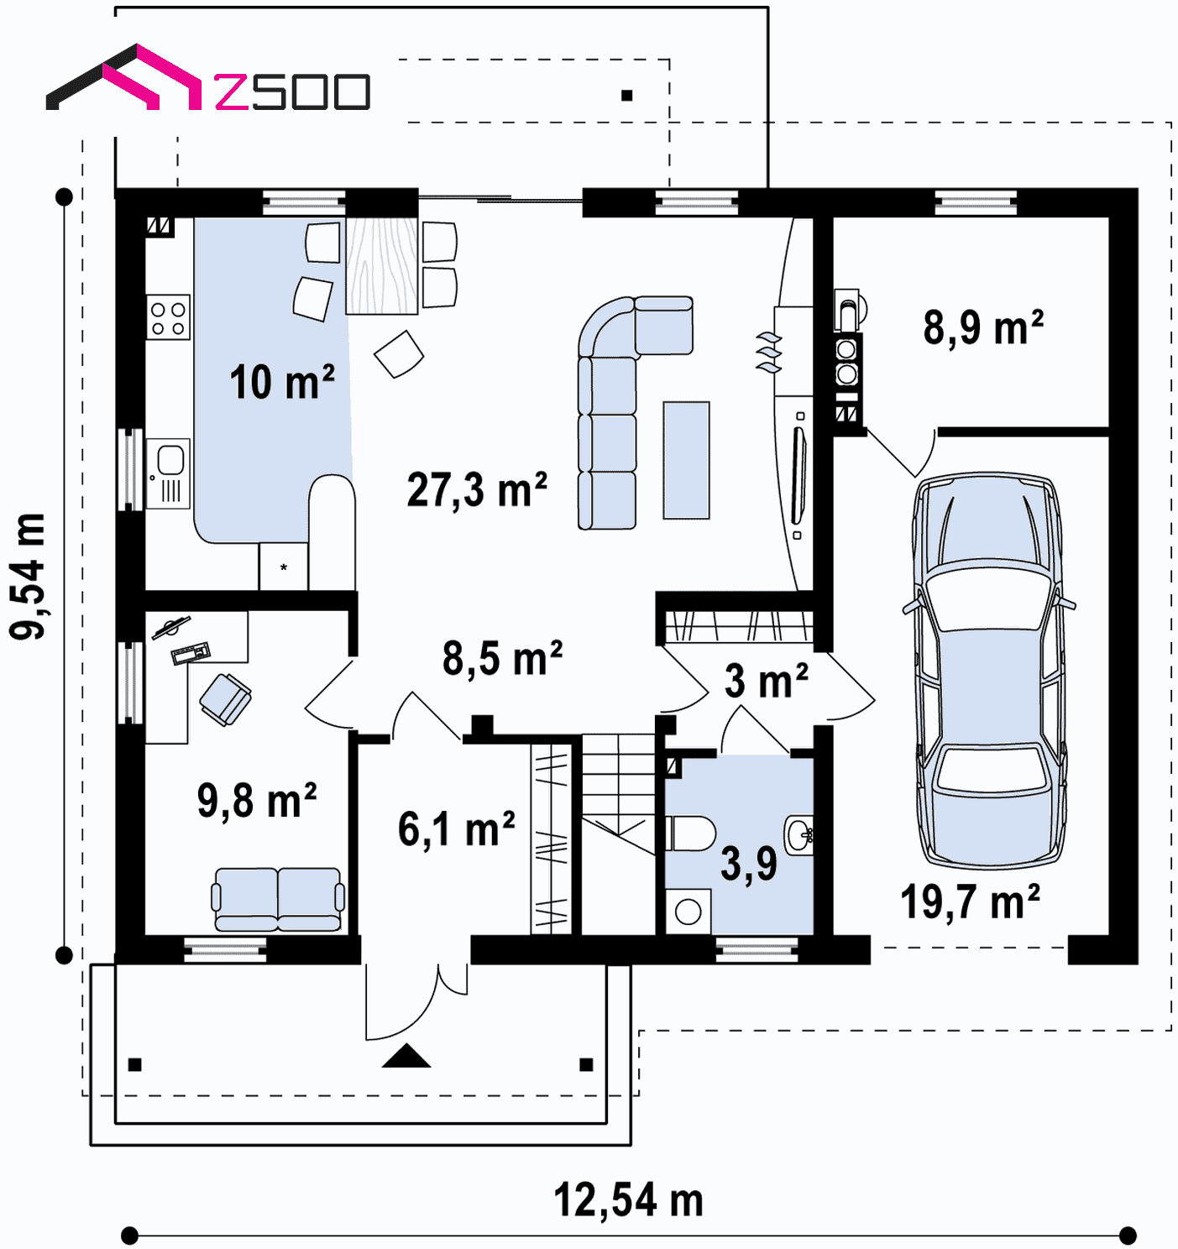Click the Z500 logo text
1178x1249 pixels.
pyautogui.click(x=292, y=91)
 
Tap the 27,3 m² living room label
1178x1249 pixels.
pyautogui.click(x=477, y=490)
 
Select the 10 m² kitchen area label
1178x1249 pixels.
pyautogui.click(x=282, y=382)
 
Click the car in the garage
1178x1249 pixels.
pyautogui.click(x=989, y=671)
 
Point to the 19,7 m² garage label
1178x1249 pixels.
pyautogui.click(x=970, y=901)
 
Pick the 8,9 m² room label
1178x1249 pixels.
pyautogui.click(x=983, y=327)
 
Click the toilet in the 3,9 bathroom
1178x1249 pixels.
pyautogui.click(x=690, y=834)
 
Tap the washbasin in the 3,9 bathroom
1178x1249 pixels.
pyautogui.click(x=798, y=834)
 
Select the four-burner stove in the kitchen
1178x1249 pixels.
pyautogui.click(x=169, y=317)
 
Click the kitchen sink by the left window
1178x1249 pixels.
pyautogui.click(x=169, y=473)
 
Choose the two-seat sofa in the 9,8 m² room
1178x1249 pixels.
pyautogui.click(x=278, y=899)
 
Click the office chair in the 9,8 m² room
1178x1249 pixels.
pyautogui.click(x=225, y=699)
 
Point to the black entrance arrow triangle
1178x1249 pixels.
pyautogui.click(x=406, y=1055)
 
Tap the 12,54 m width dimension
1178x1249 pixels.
pyautogui.click(x=628, y=1200)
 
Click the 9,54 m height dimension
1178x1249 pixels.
pyautogui.click(x=28, y=576)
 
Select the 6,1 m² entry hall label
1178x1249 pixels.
pyautogui.click(x=457, y=829)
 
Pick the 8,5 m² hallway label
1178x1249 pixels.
pyautogui.click(x=502, y=658)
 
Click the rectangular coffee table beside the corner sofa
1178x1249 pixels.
pyautogui.click(x=686, y=460)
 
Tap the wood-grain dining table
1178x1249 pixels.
pyautogui.click(x=382, y=266)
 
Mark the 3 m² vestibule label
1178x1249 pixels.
pyautogui.click(x=766, y=681)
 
